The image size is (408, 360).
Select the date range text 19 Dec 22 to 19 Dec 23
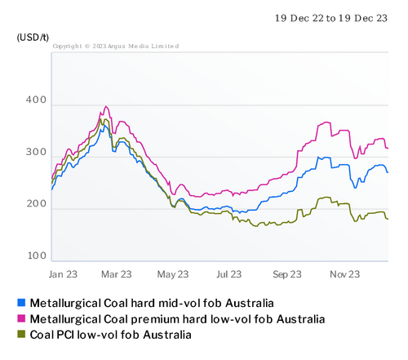click(x=330, y=18)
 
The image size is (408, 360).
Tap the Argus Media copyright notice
click(x=116, y=47)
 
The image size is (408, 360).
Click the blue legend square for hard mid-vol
click(x=21, y=303)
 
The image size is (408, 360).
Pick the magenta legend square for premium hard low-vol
click(x=21, y=318)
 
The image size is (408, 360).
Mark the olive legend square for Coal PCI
click(x=21, y=335)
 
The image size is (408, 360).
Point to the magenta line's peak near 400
click(x=106, y=106)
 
